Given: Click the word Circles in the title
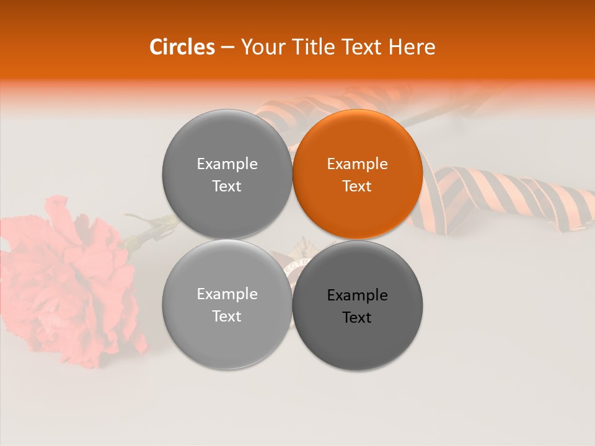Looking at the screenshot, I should (x=182, y=47).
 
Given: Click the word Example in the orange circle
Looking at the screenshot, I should (x=358, y=164).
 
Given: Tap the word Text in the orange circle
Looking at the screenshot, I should (x=358, y=186).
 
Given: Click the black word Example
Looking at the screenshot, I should (x=358, y=295).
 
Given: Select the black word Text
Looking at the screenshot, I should (x=358, y=318).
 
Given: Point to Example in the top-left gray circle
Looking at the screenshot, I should (x=227, y=164).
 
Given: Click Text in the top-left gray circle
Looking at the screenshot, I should (x=227, y=186).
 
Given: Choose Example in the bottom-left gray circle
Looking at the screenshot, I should (x=227, y=294).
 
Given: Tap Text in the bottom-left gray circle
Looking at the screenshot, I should (x=227, y=317).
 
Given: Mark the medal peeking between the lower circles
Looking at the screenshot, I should (x=291, y=263).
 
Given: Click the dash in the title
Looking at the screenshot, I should (x=227, y=48).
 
